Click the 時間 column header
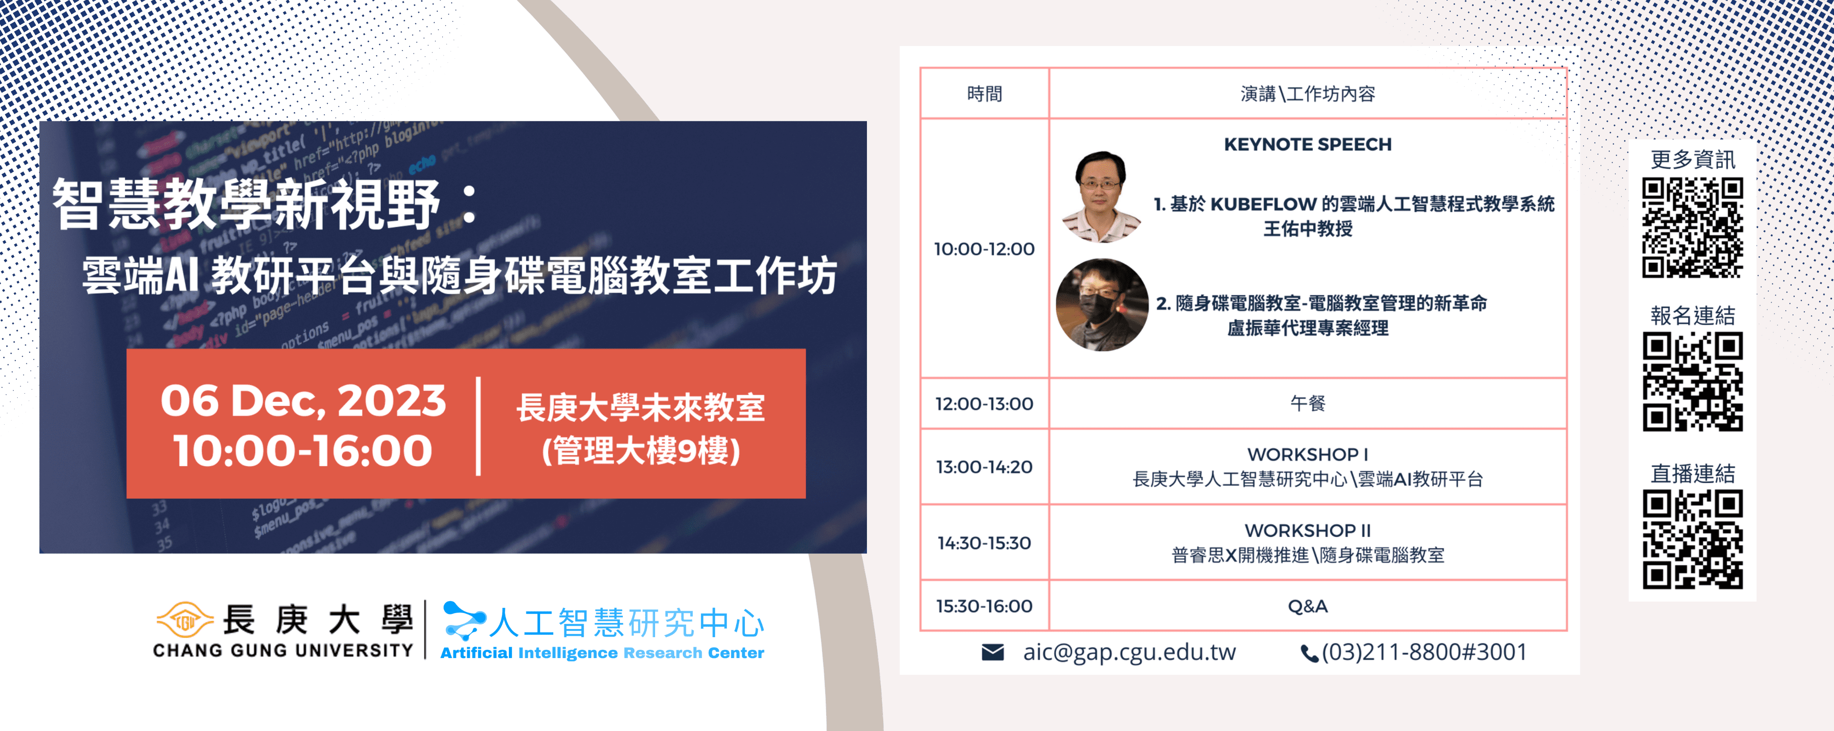point(984,93)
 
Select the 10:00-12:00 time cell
point(984,249)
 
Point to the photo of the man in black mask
point(1101,305)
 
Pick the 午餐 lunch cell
point(1308,403)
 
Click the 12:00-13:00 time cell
point(984,403)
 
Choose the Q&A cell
point(1308,606)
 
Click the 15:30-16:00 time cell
point(984,606)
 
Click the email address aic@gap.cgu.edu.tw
point(1129,652)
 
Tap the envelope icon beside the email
point(993,652)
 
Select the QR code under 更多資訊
point(1692,228)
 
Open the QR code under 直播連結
point(1692,539)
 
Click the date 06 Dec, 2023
point(303,401)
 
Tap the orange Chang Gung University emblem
point(185,619)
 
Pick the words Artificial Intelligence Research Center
point(602,653)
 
